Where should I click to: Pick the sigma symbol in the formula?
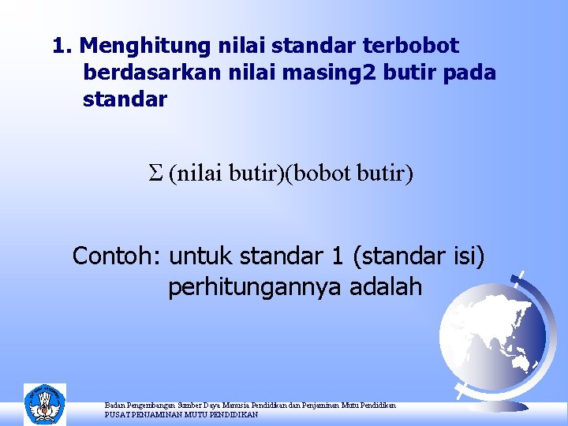[x=155, y=173]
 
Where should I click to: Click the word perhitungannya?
[x=249, y=287]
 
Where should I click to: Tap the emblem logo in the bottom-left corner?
[x=45, y=404]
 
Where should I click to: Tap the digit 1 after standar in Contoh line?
[x=337, y=256]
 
